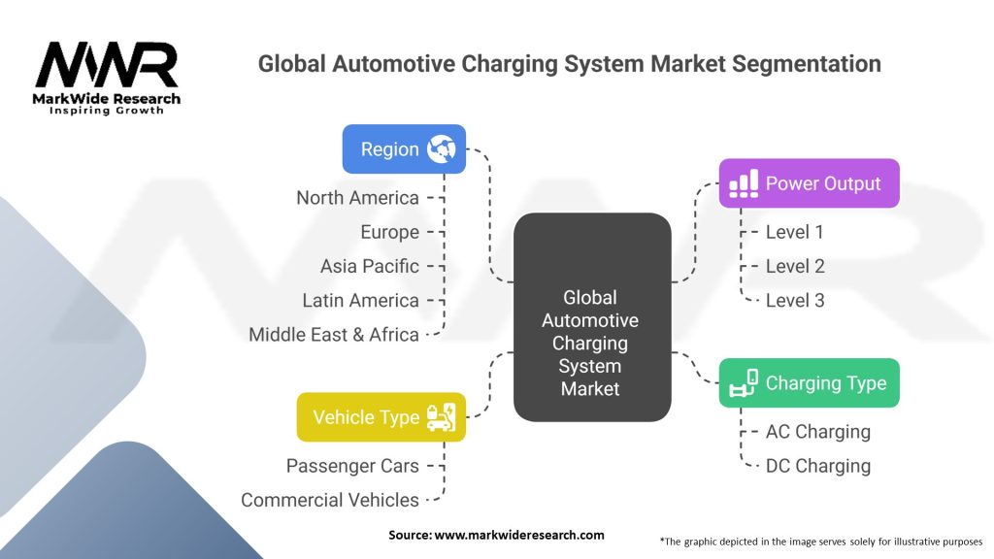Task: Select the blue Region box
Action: pyautogui.click(x=404, y=149)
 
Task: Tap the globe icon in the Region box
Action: pyautogui.click(x=443, y=149)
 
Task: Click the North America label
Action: pyautogui.click(x=357, y=198)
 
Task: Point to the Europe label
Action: pyautogui.click(x=389, y=232)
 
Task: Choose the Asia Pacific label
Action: pyautogui.click(x=370, y=266)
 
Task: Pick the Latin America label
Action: pyautogui.click(x=360, y=300)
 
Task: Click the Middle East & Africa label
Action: pyautogui.click(x=334, y=334)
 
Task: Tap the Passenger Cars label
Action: pyautogui.click(x=352, y=466)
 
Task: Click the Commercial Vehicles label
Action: pyautogui.click(x=330, y=500)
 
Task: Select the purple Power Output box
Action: pyautogui.click(x=809, y=183)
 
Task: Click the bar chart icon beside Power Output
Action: pyautogui.click(x=744, y=183)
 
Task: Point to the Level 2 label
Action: pyautogui.click(x=795, y=266)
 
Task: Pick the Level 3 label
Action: pyautogui.click(x=795, y=300)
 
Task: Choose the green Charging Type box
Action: pyautogui.click(x=809, y=383)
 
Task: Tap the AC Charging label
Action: pyautogui.click(x=817, y=432)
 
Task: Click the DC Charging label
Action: pyautogui.click(x=817, y=466)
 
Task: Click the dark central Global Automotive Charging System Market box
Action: pyautogui.click(x=591, y=316)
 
